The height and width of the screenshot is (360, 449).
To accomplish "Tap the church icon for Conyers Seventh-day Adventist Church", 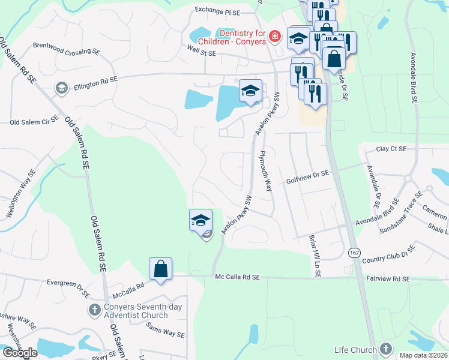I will [x=94, y=310].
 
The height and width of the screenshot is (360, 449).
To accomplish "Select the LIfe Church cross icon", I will [x=386, y=349].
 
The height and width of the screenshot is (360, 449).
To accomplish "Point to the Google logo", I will [x=20, y=353].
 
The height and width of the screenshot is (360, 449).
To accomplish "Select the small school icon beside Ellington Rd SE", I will [x=61, y=88].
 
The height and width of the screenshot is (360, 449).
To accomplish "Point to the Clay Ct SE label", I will [x=391, y=149].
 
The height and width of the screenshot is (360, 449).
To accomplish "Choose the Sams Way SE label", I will [x=166, y=330].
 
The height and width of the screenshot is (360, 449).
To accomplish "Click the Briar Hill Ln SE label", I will [x=313, y=256].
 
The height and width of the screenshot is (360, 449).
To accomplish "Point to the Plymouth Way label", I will [x=265, y=170].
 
